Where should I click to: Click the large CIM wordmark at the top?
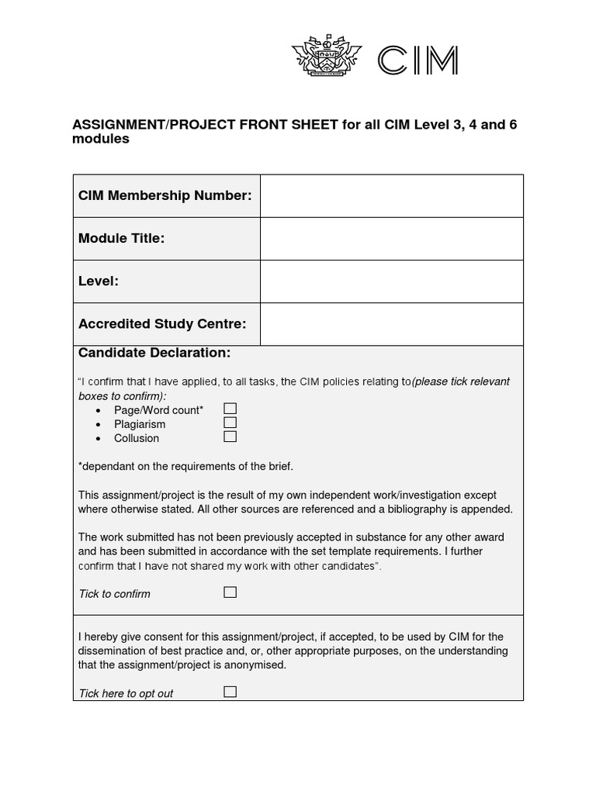click(x=417, y=60)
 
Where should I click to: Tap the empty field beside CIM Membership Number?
click(x=391, y=196)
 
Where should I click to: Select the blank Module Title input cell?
click(x=391, y=239)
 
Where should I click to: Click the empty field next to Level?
click(x=391, y=281)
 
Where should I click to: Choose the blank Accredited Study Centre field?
click(x=391, y=324)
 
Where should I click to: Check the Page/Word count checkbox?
click(x=230, y=409)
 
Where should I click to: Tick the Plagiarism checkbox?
click(x=230, y=423)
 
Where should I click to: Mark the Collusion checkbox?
click(x=230, y=437)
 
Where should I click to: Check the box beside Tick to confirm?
click(x=230, y=592)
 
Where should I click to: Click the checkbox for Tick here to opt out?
click(x=230, y=692)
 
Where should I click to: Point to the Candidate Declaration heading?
click(x=154, y=354)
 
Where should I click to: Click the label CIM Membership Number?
click(x=165, y=196)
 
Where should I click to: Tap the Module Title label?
click(x=121, y=239)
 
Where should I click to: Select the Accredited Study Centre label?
click(x=162, y=324)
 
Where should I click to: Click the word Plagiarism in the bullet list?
click(x=140, y=424)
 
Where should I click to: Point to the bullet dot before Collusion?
click(x=98, y=439)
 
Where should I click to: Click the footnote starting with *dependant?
click(x=185, y=466)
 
